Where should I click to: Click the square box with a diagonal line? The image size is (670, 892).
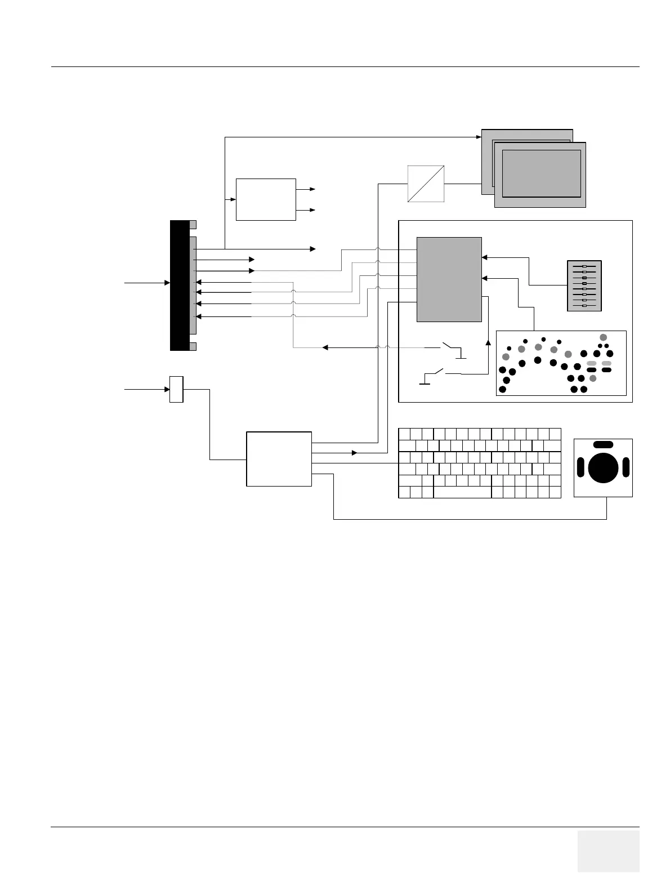426,184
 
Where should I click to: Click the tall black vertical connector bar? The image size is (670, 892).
179,286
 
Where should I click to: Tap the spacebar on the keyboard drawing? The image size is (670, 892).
462,492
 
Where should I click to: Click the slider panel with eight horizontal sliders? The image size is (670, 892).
584,286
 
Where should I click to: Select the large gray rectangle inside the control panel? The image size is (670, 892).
449,279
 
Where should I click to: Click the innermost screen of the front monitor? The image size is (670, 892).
541,173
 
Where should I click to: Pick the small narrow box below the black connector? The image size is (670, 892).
176,389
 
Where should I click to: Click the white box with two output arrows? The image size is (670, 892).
266,199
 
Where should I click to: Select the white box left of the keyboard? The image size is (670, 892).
279,459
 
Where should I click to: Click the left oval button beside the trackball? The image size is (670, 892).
580,467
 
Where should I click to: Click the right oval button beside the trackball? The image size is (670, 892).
625,467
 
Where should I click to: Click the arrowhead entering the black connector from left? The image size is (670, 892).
167,282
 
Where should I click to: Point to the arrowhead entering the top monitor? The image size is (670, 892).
479,137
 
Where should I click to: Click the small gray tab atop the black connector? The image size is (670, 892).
193,224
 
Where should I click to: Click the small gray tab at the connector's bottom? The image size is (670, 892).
193,346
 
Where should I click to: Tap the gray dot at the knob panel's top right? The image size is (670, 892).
603,337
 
